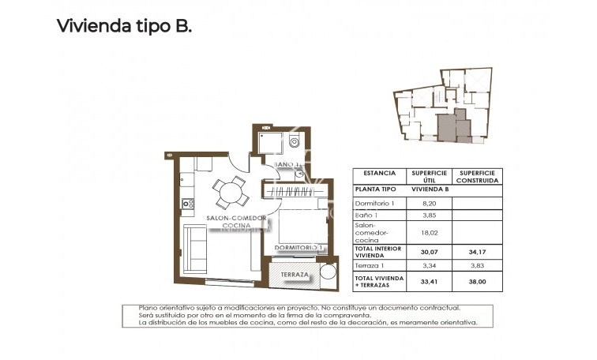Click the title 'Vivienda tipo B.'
pyautogui.click(x=124, y=26)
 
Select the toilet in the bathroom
pyautogui.click(x=293, y=144)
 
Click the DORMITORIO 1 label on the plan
pyautogui.click(x=299, y=248)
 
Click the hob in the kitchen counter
pyautogui.click(x=189, y=204)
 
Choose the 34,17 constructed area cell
pyautogui.click(x=478, y=252)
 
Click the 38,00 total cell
pyautogui.click(x=478, y=282)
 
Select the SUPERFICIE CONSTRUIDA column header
pyautogui.click(x=478, y=176)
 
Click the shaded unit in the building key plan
pyautogui.click(x=449, y=125)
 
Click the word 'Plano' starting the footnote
pyautogui.click(x=148, y=308)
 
